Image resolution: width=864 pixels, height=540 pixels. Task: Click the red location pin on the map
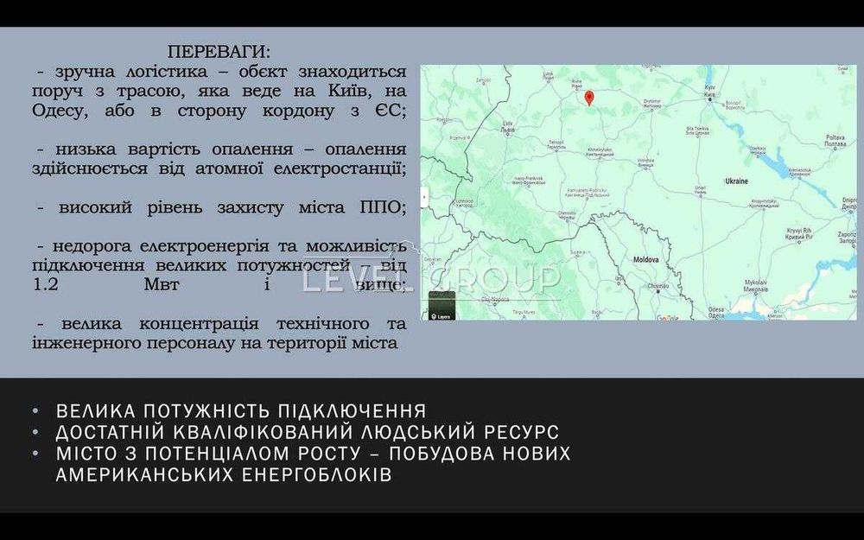589,97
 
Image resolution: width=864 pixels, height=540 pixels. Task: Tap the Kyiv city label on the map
711,90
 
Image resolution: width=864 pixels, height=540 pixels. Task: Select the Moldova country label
646,259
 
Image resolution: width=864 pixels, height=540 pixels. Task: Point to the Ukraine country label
735,181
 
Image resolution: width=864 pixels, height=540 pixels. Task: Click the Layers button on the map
442,306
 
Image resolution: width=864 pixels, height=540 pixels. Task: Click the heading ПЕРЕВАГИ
218,51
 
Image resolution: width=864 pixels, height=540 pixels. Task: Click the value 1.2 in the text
44,285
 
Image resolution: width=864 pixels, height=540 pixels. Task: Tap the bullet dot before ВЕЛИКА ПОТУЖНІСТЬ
35,411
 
